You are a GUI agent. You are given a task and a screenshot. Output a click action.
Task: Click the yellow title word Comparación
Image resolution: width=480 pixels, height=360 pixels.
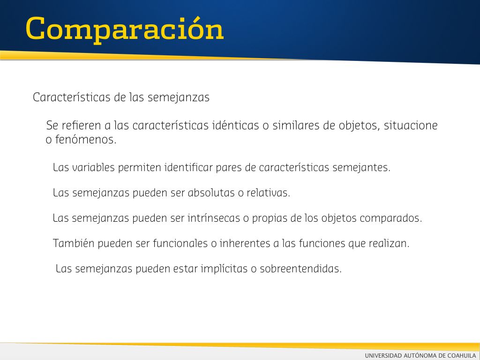125,30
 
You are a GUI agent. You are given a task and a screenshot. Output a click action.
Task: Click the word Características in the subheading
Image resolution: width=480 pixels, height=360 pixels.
72,97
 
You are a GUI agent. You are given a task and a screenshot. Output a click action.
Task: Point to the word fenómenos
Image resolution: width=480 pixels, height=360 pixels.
86,140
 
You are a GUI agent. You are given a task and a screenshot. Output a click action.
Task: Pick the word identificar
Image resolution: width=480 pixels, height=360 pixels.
188,167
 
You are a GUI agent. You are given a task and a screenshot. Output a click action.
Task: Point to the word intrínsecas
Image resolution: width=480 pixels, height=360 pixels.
214,218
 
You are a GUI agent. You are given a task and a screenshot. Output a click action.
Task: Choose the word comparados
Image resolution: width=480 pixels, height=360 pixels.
391,218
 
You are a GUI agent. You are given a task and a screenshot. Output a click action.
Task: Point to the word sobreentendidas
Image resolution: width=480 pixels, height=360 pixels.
300,269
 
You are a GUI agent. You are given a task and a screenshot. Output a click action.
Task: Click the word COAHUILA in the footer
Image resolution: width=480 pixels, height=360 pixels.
462,355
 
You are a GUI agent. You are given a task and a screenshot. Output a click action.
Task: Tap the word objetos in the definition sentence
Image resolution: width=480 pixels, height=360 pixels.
359,126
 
